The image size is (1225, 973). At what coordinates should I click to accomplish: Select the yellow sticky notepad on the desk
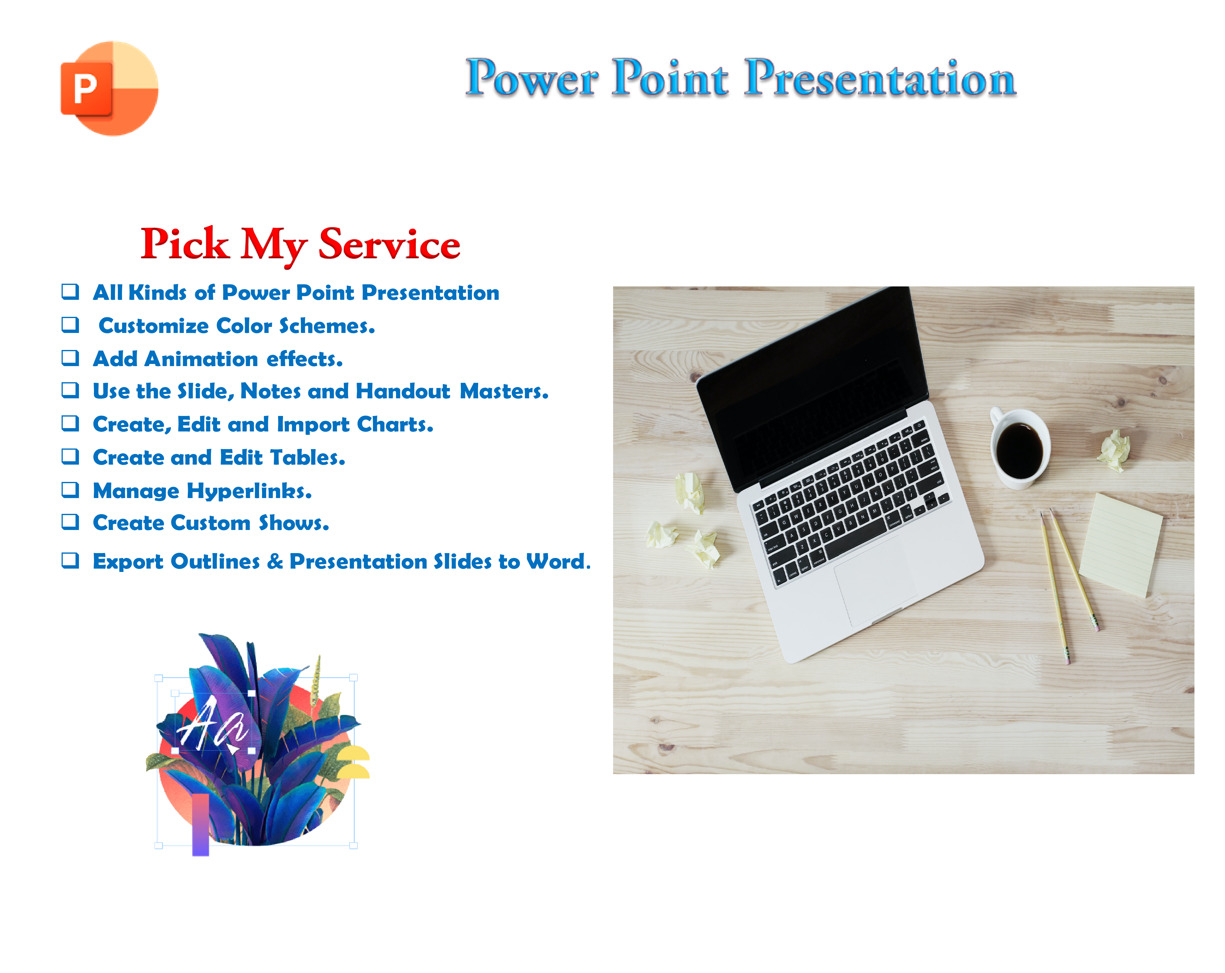pyautogui.click(x=1120, y=544)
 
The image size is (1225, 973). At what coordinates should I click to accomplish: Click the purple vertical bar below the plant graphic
pyautogui.click(x=201, y=824)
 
